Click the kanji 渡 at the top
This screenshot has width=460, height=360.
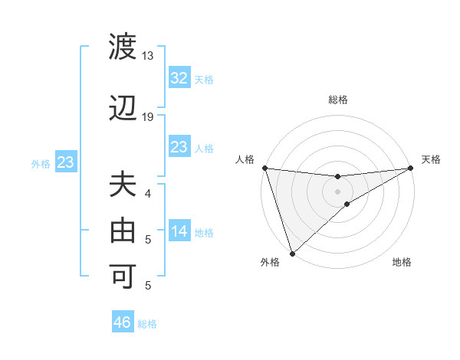coord(123,47)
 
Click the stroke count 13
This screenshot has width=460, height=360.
coord(148,56)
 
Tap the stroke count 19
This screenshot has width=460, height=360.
coord(148,117)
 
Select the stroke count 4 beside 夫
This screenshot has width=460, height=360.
coord(148,193)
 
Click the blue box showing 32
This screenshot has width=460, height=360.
coord(179,78)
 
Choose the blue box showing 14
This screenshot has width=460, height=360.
coord(179,232)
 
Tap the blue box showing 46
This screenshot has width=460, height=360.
coord(123,322)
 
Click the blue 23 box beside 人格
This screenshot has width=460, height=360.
coord(179,147)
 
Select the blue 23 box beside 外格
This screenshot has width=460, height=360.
coord(65,162)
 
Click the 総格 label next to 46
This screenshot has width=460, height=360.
coord(147,324)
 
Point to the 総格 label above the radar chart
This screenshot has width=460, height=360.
coord(338,100)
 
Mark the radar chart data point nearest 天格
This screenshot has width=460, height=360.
coord(411,168)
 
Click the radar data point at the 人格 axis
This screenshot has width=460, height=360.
coord(264,168)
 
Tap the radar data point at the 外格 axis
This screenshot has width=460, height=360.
coord(292,253)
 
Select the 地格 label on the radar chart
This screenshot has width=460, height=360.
coord(402,263)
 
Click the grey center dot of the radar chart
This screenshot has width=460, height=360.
coord(337,191)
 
